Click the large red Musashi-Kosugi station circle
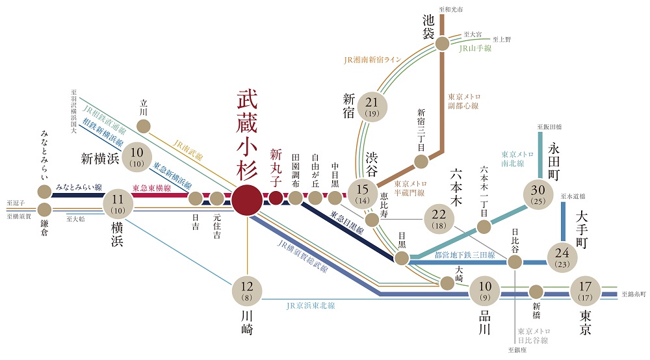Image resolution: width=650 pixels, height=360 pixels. [x=247, y=199]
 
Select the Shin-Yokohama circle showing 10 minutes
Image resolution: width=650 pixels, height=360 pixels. [x=136, y=155]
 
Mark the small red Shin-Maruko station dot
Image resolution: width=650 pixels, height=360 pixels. [x=276, y=198]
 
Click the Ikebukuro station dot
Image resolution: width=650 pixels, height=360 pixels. [x=442, y=44]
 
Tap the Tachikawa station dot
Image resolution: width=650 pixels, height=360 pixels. [x=144, y=126]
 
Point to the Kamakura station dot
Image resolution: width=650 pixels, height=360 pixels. [x=44, y=209]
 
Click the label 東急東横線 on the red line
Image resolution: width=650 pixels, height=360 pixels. [x=152, y=188]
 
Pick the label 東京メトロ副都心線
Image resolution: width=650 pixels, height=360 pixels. [x=463, y=101]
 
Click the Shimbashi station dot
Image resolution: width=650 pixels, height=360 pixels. [x=536, y=291]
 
